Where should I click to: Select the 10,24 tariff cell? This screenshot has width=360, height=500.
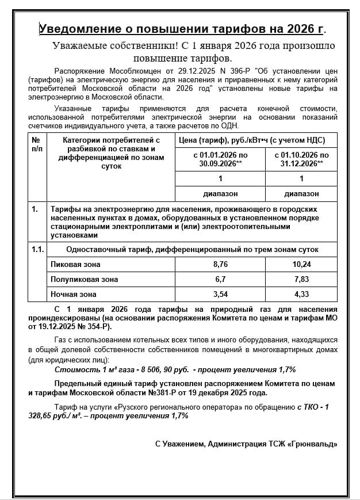(x=301, y=264)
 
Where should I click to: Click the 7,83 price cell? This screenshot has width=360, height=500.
(x=301, y=279)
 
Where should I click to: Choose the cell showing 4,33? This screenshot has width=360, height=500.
(x=301, y=294)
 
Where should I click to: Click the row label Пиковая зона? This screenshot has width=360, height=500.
(x=76, y=264)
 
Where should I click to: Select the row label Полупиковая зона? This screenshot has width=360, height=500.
(x=84, y=279)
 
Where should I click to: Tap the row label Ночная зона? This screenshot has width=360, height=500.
(x=74, y=294)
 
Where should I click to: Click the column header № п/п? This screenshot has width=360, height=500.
(x=36, y=144)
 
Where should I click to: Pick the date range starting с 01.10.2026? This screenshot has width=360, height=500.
(x=301, y=159)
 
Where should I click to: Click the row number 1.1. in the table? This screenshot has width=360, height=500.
(x=37, y=250)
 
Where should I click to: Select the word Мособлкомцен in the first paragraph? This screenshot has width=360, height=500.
(x=121, y=70)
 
